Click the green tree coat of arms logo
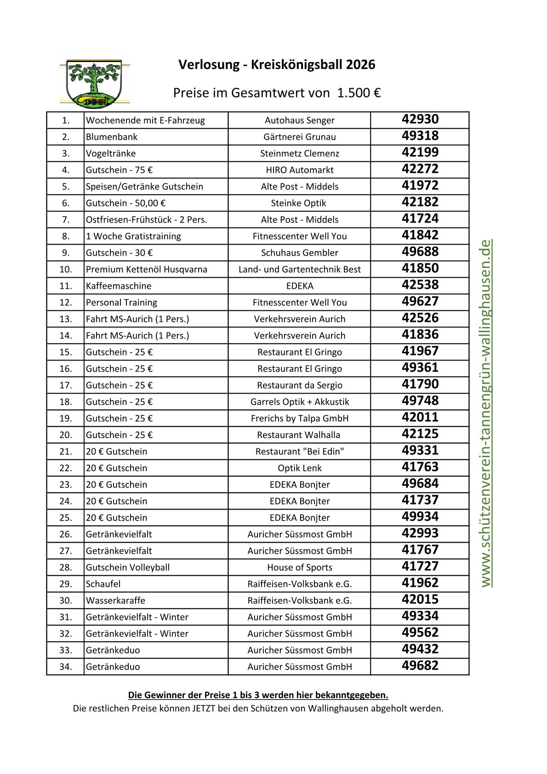94,82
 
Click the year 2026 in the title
360,65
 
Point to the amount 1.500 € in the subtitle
359,93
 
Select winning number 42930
420,120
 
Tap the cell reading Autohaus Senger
299,120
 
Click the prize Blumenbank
112,137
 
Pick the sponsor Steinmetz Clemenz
299,154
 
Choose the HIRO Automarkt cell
299,170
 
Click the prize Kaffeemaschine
119,286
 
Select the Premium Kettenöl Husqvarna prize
147,269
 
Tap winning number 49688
420,252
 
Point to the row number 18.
66,402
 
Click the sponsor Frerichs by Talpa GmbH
299,419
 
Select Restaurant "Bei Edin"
299,452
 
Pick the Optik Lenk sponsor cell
299,468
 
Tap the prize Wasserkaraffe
115,601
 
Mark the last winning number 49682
420,666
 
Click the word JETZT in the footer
201,708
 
